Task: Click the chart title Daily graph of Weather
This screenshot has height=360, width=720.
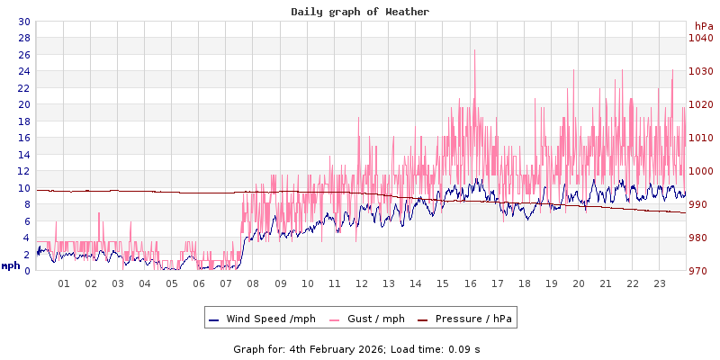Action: [x=360, y=12]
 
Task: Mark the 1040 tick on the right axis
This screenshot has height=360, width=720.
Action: [x=700, y=38]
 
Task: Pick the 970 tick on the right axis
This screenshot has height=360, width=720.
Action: [x=700, y=271]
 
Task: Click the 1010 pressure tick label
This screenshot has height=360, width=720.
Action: [x=700, y=138]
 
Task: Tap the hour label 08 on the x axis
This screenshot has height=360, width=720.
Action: [x=253, y=283]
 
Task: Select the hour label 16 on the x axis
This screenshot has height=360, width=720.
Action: [x=470, y=283]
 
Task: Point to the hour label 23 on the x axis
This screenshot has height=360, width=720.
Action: [x=660, y=283]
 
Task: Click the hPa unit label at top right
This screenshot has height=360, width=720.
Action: [x=703, y=27]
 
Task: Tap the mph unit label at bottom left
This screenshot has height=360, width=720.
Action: [x=11, y=265]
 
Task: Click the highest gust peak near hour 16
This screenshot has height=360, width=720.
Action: [x=474, y=50]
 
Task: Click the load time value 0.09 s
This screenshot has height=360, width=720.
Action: [x=462, y=348]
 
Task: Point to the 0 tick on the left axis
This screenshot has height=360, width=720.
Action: [x=26, y=271]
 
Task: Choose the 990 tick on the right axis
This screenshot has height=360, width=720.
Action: [x=700, y=204]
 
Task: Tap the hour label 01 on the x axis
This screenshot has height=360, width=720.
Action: [x=64, y=283]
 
